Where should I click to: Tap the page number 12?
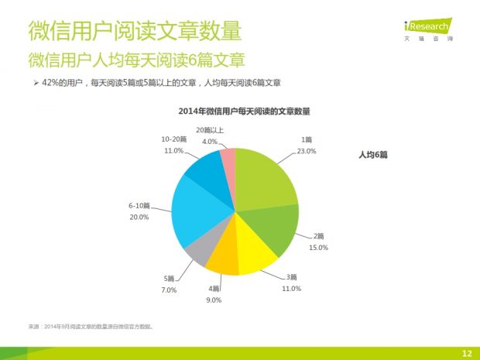point(467,353)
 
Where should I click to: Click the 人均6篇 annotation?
point(372,156)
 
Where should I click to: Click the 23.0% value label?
point(307,151)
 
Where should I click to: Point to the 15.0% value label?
point(319,247)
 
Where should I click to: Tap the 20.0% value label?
point(139,218)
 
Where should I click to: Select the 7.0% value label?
point(170,290)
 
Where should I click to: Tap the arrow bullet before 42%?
point(36,82)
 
